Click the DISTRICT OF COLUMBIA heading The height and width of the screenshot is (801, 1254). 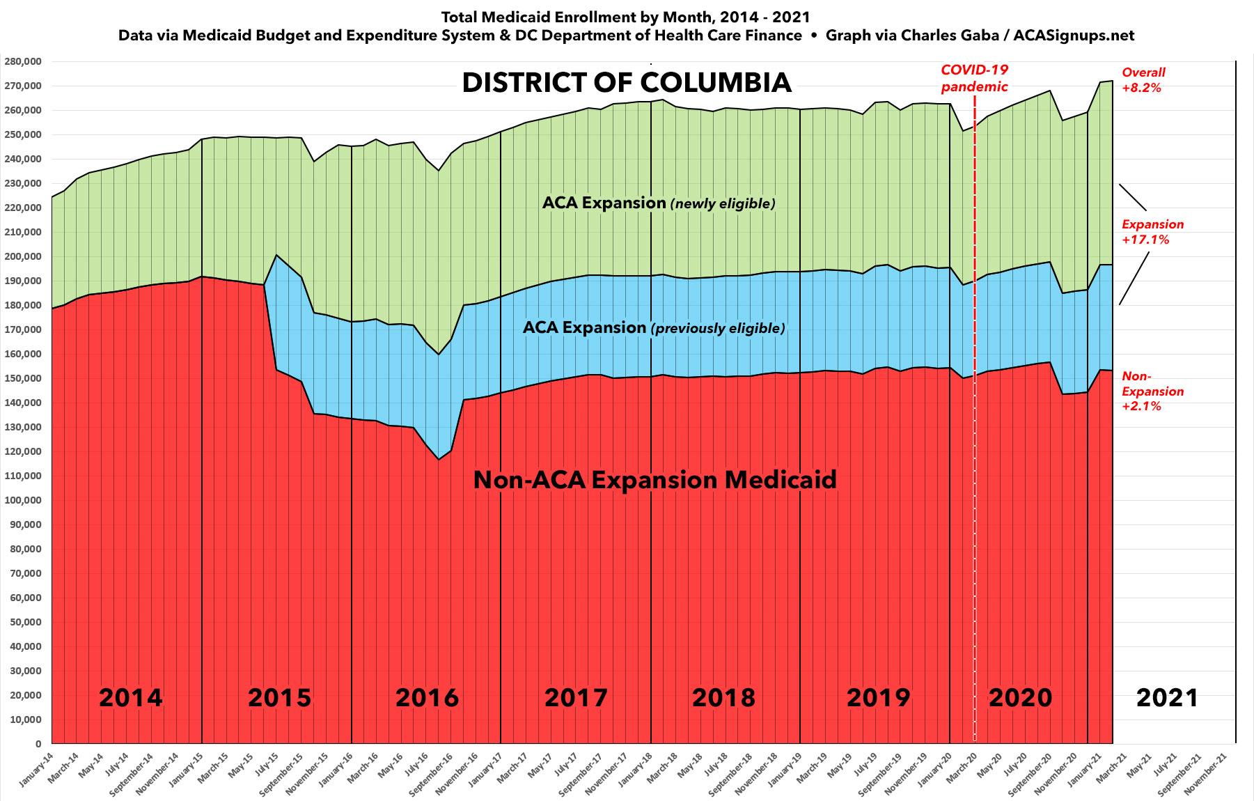tap(627, 82)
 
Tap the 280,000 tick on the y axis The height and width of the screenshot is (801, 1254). tap(23, 61)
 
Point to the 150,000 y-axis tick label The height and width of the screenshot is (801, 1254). tap(23, 378)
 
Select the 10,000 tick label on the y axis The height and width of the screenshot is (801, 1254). tap(25, 720)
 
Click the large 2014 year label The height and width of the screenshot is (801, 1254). tap(130, 697)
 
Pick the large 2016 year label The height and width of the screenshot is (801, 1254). tap(427, 697)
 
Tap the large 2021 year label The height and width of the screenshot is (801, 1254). tap(1167, 697)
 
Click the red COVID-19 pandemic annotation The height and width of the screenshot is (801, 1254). tap(974, 78)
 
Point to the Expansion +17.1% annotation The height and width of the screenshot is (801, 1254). tap(1152, 232)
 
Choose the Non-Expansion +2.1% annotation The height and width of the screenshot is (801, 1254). tap(1152, 391)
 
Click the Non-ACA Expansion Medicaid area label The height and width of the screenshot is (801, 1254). tap(655, 480)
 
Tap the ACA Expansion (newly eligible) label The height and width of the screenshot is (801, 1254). tap(658, 203)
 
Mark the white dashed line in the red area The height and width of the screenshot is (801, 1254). tap(974, 557)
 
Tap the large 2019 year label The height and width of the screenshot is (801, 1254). tap(878, 697)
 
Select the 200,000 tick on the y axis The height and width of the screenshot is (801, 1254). tap(23, 256)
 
